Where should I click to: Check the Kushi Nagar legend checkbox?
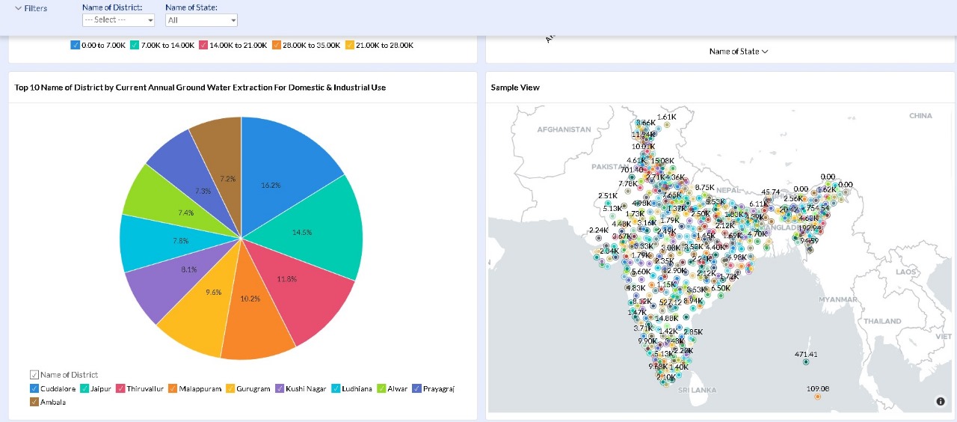279,389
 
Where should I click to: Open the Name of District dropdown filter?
118,20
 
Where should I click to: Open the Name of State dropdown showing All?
201,20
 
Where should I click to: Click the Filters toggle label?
31,8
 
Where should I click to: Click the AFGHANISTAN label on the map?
564,129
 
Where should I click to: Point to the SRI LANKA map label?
698,390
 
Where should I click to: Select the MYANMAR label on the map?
838,299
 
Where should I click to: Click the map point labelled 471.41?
806,362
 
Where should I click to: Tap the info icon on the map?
941,402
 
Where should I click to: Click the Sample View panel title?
515,88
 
